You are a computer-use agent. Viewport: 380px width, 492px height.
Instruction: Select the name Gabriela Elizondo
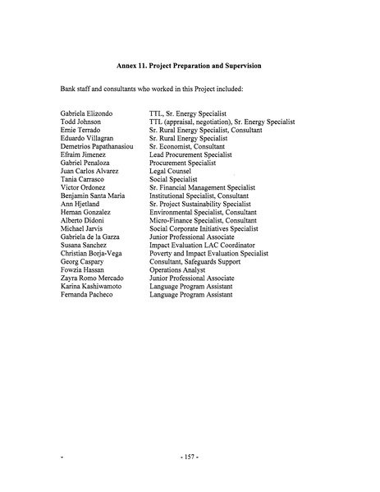pyautogui.click(x=89, y=112)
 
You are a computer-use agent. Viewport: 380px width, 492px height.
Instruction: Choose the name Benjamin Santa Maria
pyautogui.click(x=95, y=195)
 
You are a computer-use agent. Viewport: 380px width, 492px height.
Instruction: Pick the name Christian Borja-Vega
pyautogui.click(x=92, y=254)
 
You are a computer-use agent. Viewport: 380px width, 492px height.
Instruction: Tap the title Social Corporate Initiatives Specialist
pyautogui.click(x=204, y=229)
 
